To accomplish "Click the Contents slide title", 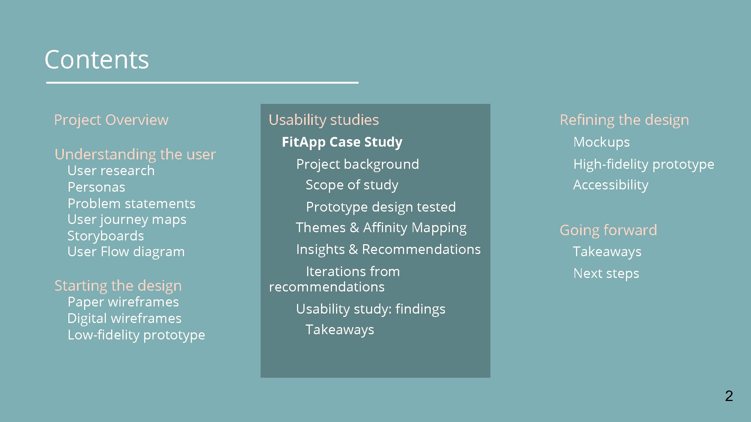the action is (x=97, y=60).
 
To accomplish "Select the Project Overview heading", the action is (x=111, y=120).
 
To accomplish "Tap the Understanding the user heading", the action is (x=135, y=155).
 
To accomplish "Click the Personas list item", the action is (x=97, y=187).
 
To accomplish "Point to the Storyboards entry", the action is (x=106, y=236).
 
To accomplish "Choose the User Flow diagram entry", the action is (x=126, y=252).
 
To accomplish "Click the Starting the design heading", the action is (x=118, y=286).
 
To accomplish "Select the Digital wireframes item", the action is (x=124, y=318).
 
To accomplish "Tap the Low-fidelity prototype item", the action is (x=136, y=335).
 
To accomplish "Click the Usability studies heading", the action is (x=324, y=120).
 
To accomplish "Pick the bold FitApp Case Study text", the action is (x=342, y=142).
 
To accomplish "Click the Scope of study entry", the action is (x=352, y=185).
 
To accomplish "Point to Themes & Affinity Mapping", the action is (x=381, y=228).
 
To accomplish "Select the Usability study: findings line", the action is (x=371, y=309).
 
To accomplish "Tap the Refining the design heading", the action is (x=624, y=120).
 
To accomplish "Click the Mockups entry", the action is (x=602, y=142).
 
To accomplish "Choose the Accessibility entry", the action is (x=611, y=185).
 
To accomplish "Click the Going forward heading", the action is (x=608, y=230).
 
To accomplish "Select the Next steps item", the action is (x=606, y=273).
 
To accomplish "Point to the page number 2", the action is (x=729, y=396).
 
